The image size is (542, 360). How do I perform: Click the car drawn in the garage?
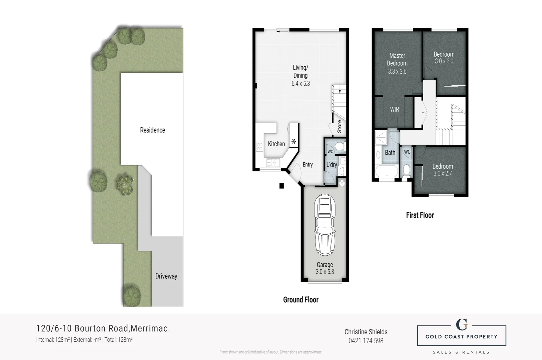(325, 225)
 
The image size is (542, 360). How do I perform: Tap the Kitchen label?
(277, 144)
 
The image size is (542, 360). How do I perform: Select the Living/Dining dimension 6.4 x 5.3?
(301, 84)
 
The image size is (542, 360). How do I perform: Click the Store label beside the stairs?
(339, 126)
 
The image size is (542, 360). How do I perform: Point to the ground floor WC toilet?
(340, 146)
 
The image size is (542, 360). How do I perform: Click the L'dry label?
(332, 165)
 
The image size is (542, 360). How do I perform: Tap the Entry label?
(308, 165)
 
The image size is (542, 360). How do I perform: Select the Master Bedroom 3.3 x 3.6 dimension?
(397, 71)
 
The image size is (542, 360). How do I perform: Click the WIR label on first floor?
(395, 109)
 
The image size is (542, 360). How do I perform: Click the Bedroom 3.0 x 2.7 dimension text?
(442, 173)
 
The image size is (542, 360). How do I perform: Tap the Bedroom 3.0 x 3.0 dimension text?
(444, 61)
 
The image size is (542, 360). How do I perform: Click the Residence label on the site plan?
(152, 130)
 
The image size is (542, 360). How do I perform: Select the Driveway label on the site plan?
(166, 276)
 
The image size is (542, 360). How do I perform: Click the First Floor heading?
(420, 215)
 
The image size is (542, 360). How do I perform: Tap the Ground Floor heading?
(301, 300)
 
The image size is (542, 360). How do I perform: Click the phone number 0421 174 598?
(366, 341)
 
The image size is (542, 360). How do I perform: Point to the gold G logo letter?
(462, 324)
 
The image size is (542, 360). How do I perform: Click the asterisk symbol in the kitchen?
(294, 141)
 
